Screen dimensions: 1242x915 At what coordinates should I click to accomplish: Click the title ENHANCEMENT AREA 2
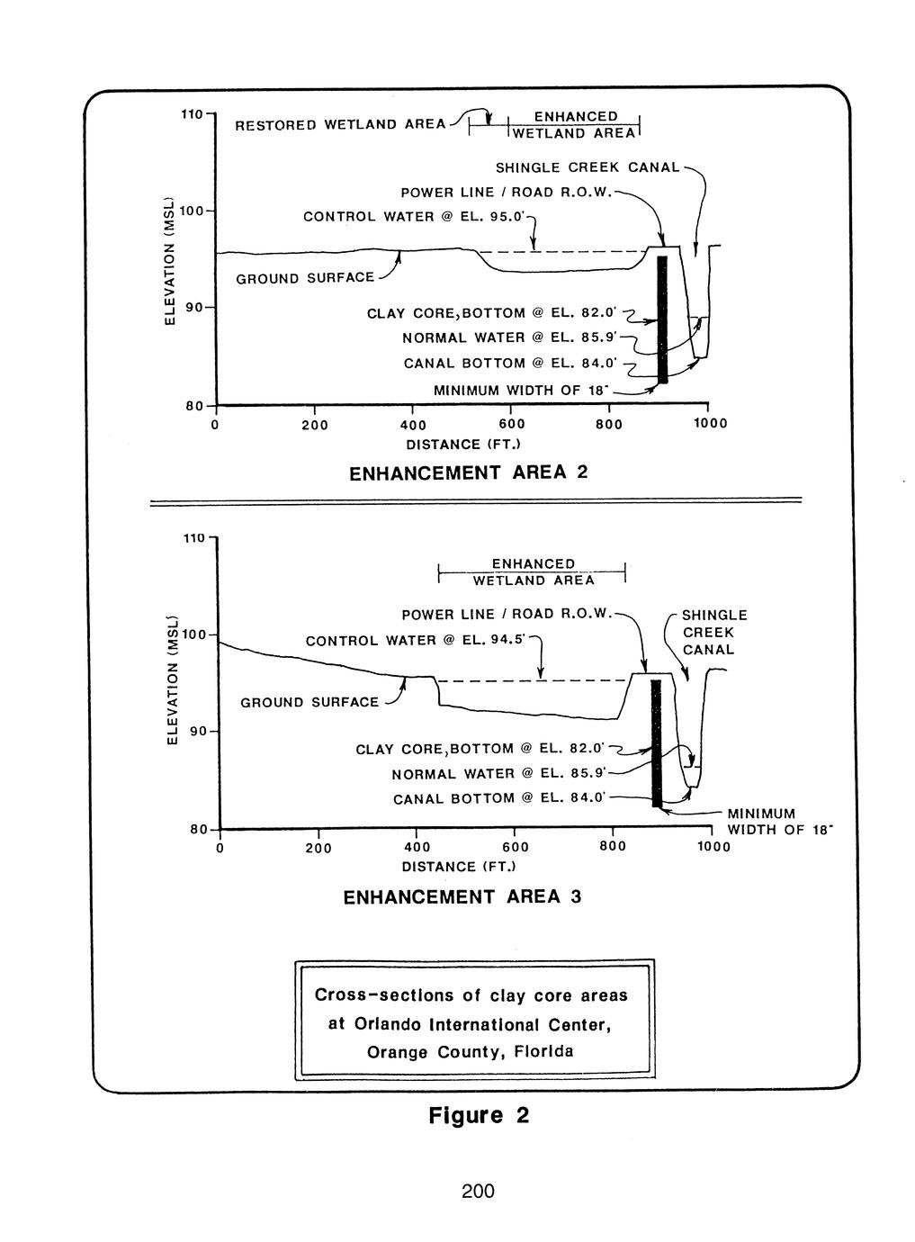pyautogui.click(x=467, y=472)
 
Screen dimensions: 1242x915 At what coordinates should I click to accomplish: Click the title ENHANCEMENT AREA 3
pyautogui.click(x=462, y=897)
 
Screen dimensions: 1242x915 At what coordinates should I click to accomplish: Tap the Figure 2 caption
pyautogui.click(x=478, y=1116)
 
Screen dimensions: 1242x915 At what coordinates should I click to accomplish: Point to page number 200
pyautogui.click(x=478, y=1192)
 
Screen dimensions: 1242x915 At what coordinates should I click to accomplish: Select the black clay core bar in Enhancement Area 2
pyautogui.click(x=662, y=319)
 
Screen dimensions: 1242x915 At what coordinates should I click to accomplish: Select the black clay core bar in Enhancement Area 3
pyautogui.click(x=656, y=743)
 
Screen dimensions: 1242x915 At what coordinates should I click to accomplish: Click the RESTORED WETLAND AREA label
pyautogui.click(x=340, y=125)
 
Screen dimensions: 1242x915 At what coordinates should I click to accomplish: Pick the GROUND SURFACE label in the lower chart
pyautogui.click(x=309, y=702)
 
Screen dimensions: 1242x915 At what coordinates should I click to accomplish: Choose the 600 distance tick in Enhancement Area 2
pyautogui.click(x=510, y=424)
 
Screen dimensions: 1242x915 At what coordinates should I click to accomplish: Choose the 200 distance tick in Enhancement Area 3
pyautogui.click(x=318, y=848)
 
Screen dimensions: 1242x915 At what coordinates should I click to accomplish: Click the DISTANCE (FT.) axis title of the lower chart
pyautogui.click(x=459, y=867)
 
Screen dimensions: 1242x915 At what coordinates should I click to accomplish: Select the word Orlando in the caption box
pyautogui.click(x=389, y=1024)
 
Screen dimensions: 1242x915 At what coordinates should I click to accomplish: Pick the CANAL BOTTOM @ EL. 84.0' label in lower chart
pyautogui.click(x=499, y=799)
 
